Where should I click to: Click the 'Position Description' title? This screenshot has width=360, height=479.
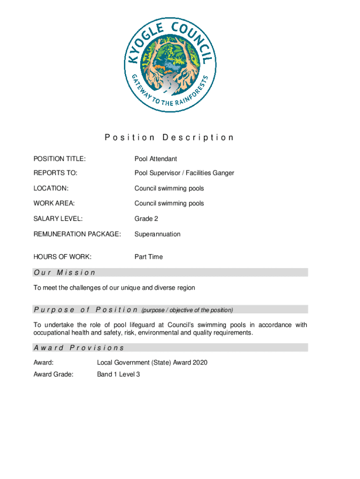coord(169,138)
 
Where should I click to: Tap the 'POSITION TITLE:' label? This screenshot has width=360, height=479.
coord(59,160)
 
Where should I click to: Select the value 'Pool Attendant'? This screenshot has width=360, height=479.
coord(156,160)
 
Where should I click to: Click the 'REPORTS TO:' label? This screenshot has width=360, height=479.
coord(55,173)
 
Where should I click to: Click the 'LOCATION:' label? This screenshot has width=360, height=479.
coord(51,189)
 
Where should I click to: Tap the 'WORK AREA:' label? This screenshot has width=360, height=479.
coord(54,203)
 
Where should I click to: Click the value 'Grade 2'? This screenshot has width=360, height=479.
coord(146,218)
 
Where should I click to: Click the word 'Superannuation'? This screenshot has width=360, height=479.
coord(158,234)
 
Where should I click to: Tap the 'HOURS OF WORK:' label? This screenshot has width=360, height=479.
coord(62,257)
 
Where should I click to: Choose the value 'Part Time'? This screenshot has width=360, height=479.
coord(149,257)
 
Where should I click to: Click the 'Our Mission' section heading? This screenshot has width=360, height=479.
coord(65,272)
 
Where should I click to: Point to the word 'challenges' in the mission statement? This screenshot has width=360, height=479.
coord(88,288)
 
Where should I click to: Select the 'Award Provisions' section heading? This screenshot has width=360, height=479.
coord(79,348)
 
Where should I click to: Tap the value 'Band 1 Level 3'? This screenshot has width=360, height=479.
coord(118,374)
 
